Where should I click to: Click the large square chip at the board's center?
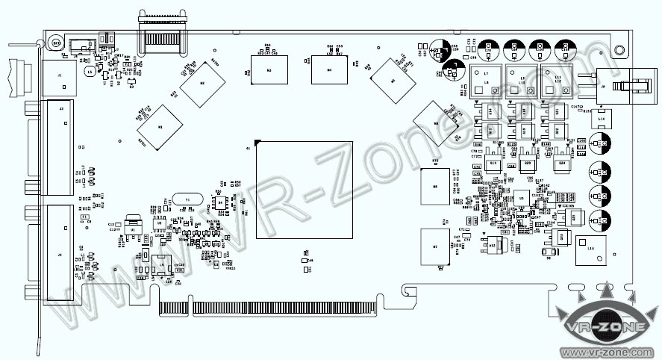tap(303, 190)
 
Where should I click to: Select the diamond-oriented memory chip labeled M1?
tap(159, 128)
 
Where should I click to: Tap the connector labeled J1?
tap(59, 75)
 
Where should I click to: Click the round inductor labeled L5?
tap(90, 72)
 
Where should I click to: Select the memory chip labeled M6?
tap(435, 187)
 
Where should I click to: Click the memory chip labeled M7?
tap(435, 246)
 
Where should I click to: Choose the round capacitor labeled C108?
tap(600, 142)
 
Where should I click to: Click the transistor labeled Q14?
tap(492, 112)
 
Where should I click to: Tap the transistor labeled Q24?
tap(562, 163)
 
